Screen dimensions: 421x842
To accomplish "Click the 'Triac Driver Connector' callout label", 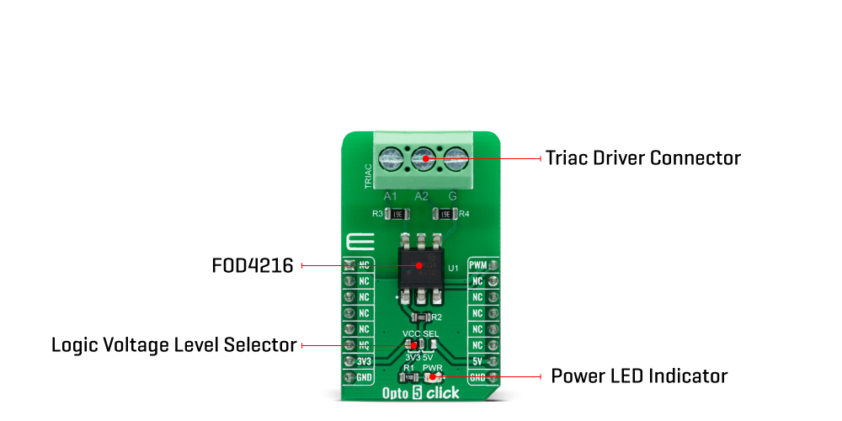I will click(643, 157).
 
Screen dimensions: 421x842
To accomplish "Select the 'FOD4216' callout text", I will click(253, 266).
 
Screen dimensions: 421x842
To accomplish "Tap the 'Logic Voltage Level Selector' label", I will click(174, 345).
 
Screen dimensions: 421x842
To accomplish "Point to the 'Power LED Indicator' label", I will click(639, 376).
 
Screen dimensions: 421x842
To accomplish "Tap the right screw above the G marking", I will click(455, 157).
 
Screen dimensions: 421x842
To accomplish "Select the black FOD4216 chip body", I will click(420, 264).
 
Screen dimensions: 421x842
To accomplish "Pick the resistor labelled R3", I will click(398, 214).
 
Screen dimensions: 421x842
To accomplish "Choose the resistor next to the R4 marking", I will click(443, 214).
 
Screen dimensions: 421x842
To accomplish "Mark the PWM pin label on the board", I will click(477, 266).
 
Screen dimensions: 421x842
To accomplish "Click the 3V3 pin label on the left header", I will click(364, 361).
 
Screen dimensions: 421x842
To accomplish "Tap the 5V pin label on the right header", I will click(477, 361).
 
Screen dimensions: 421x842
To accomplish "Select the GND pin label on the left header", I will click(364, 377).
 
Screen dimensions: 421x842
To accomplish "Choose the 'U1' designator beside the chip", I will click(453, 268).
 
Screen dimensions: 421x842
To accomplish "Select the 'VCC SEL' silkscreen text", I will click(421, 334).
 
